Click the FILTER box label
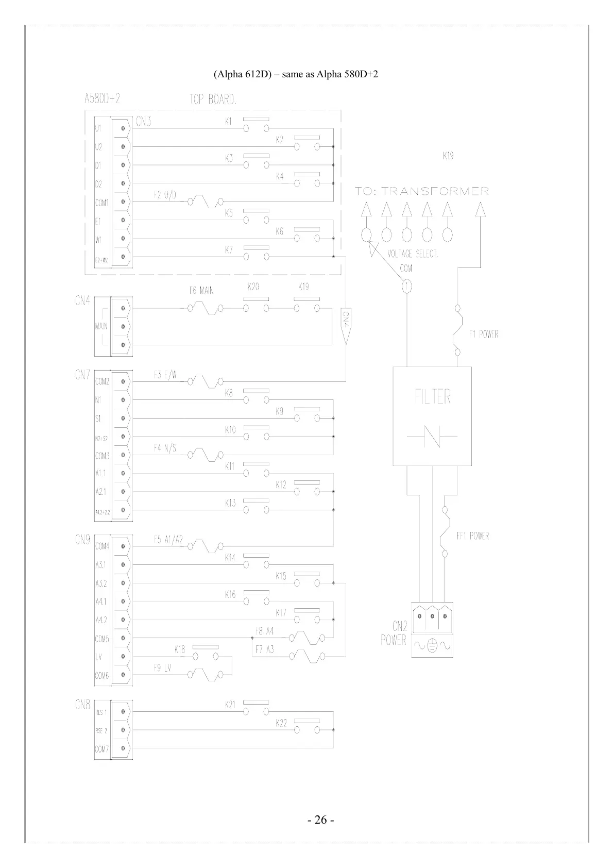tap(433, 397)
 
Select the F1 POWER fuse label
tap(483, 334)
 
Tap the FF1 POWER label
tap(472, 536)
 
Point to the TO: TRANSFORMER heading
tap(422, 191)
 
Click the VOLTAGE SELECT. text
tap(413, 254)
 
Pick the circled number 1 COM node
tap(406, 285)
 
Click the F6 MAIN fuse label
tap(201, 291)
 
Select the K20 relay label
tap(253, 287)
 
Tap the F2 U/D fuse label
tap(165, 195)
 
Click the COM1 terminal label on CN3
tap(101, 203)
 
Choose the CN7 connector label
tap(83, 375)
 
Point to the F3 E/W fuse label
tap(165, 375)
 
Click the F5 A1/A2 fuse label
tap(168, 540)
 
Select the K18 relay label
tap(179, 649)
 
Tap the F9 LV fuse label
tap(163, 668)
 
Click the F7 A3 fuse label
tap(265, 649)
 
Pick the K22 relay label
tap(281, 724)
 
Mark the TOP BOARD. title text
tap(213, 99)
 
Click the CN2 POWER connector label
tap(394, 633)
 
